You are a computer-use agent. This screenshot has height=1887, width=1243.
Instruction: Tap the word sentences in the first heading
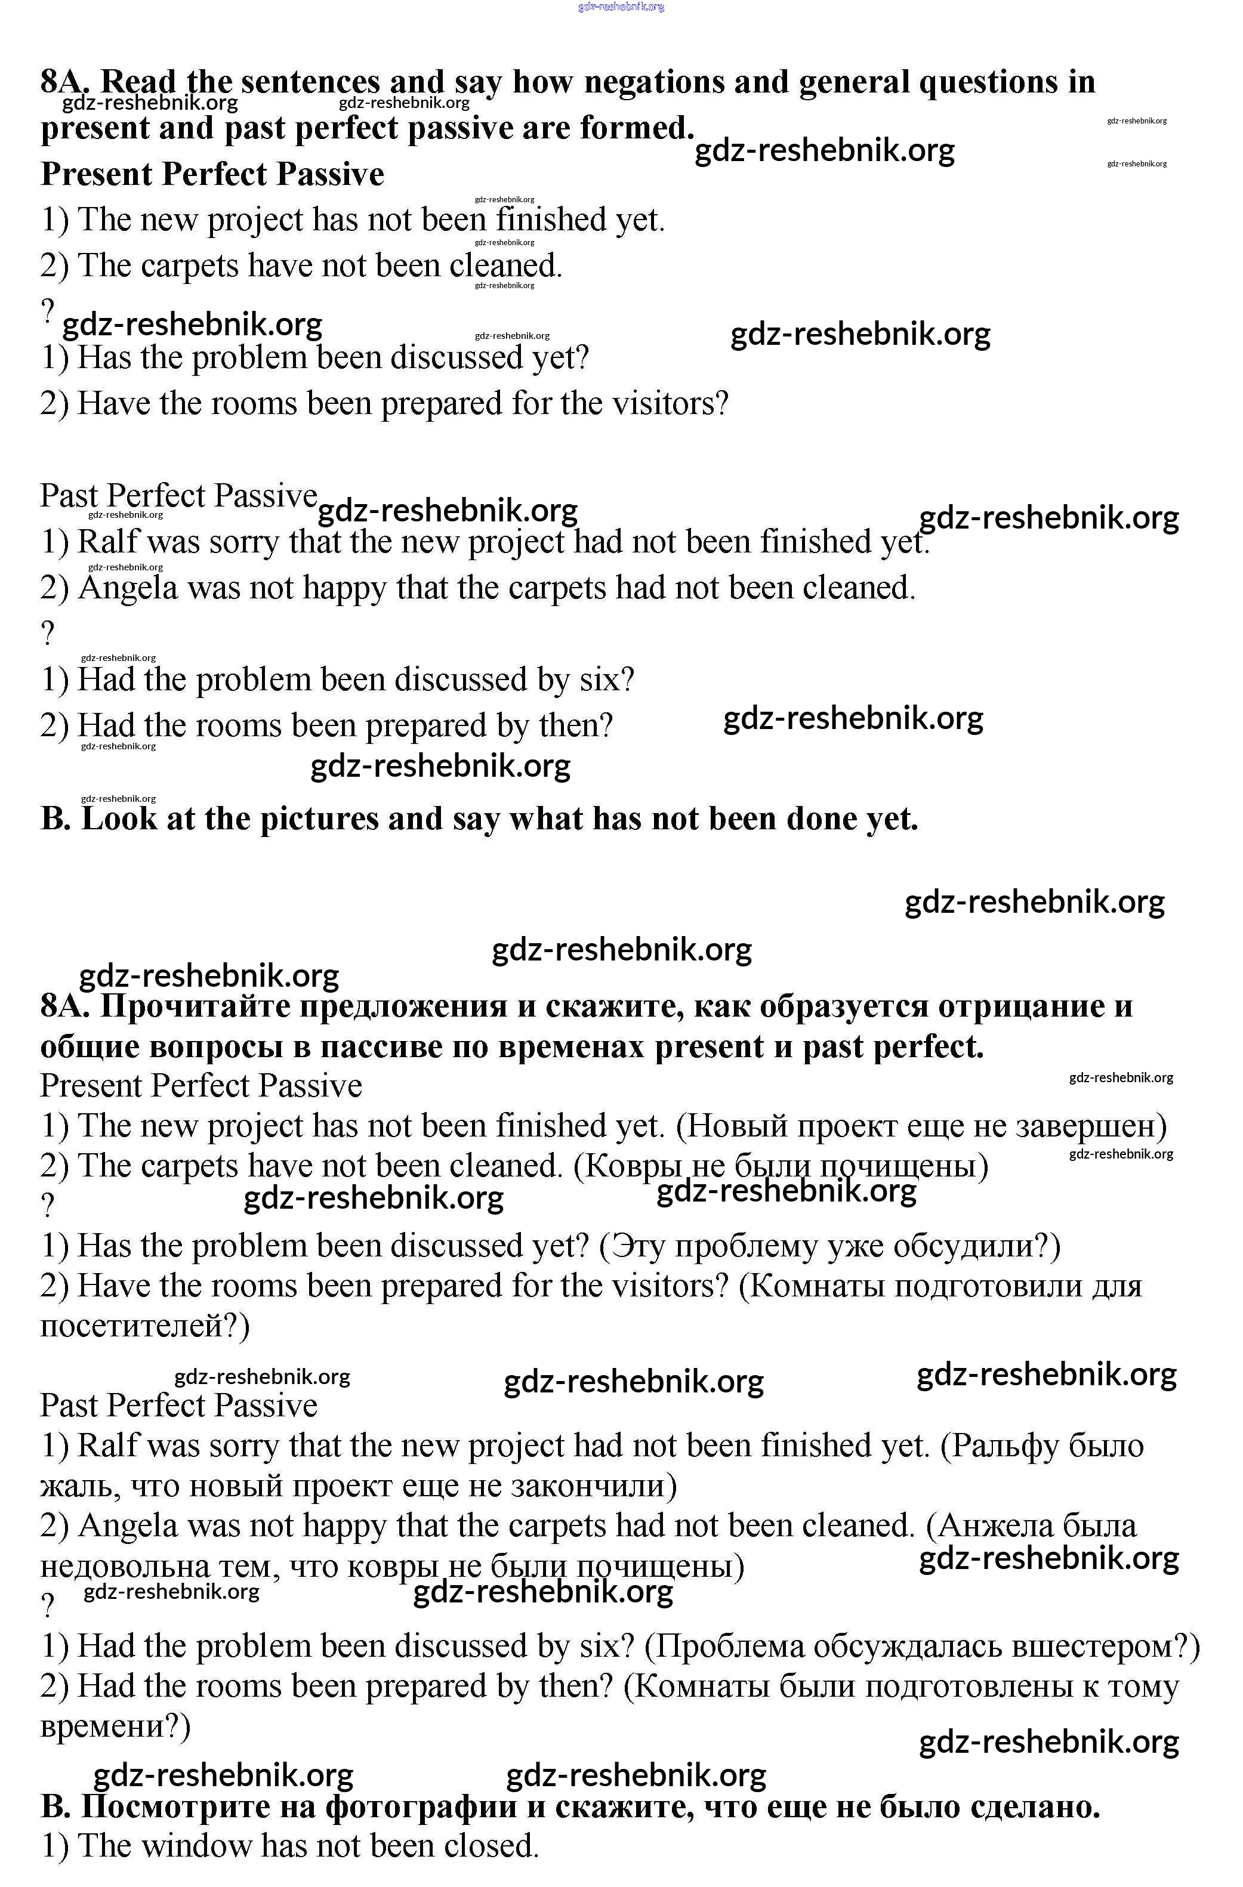coord(314,82)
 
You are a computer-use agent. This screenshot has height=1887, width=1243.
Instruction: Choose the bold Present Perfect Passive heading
coord(212,174)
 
